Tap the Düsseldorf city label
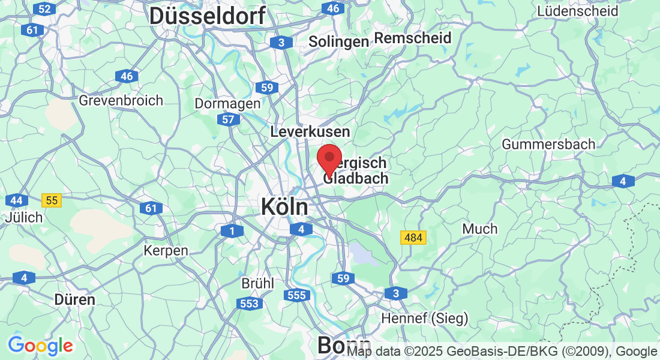pos(207,16)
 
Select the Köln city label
pos(284,208)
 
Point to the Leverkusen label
pos(310,131)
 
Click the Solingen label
pos(338,41)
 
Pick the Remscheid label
pos(413,38)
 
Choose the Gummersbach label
pos(548,144)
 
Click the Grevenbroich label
pos(121,100)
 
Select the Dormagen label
pos(227,103)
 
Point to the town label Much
pos(480,229)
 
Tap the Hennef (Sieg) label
pos(425,318)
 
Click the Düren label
pos(74,299)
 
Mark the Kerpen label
pos(166,250)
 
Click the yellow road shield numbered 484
pos(413,238)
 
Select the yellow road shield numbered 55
pos(52,200)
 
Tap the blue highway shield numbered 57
pos(228,120)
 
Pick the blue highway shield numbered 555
pos(297,295)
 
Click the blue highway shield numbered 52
pos(43,8)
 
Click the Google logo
pos(40,346)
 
